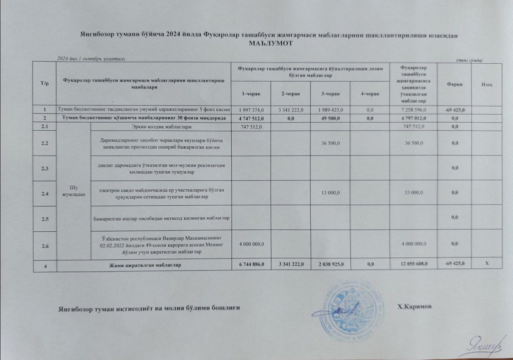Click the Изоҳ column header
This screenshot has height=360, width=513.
pyautogui.click(x=486, y=84)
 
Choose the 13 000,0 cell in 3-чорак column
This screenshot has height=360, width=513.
pyautogui.click(x=330, y=193)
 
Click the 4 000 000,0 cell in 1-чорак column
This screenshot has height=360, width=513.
pyautogui.click(x=251, y=243)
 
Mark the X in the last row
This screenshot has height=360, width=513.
pyautogui.click(x=486, y=263)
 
